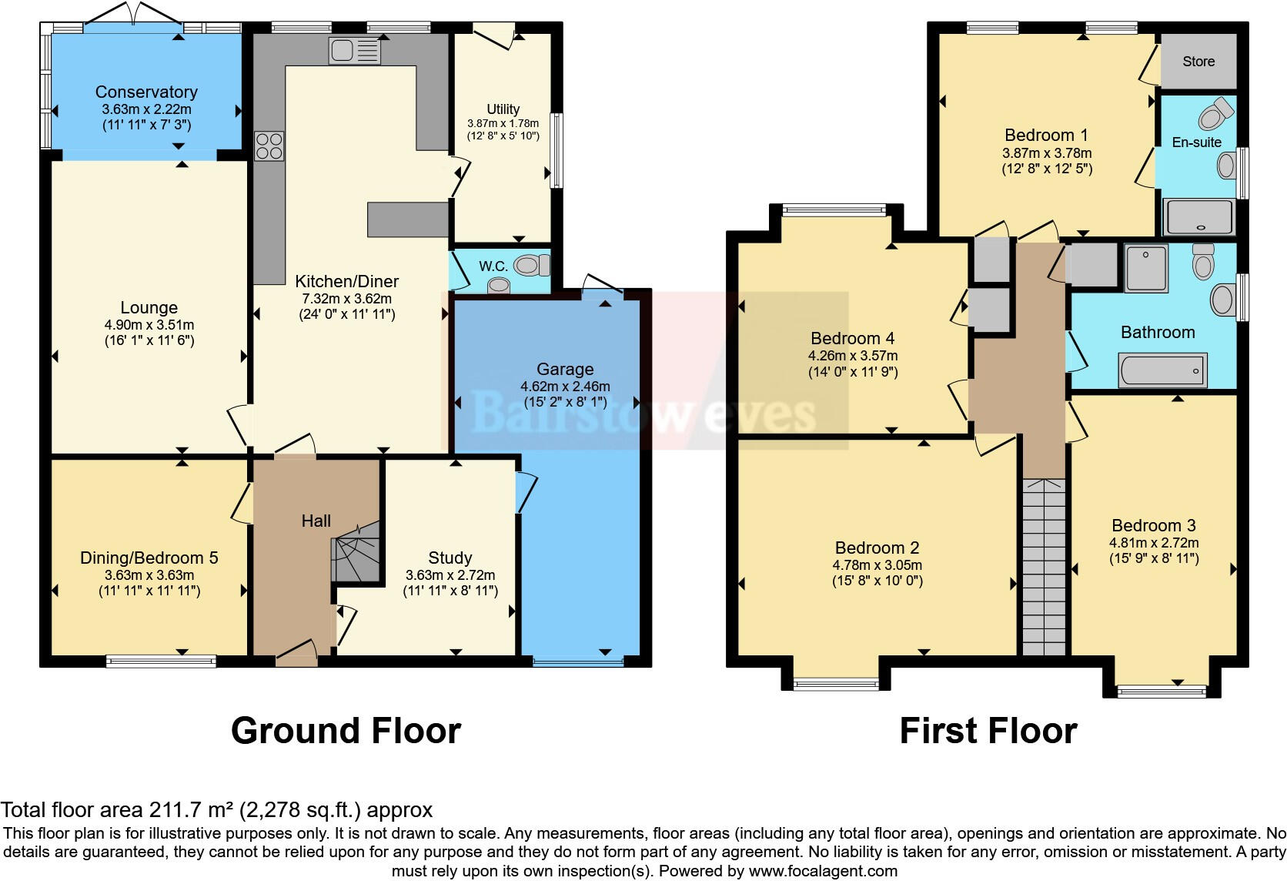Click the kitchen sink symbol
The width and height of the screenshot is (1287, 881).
354,51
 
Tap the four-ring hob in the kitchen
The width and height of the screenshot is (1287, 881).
269,146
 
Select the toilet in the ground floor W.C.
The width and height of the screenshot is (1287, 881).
531,266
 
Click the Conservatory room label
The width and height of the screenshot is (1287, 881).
146,92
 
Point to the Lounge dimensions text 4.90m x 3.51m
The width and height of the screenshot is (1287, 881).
149,324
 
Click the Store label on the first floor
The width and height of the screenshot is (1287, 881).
1198,62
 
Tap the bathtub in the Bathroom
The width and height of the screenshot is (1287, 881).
1162,370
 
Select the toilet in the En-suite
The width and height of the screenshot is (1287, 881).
1214,115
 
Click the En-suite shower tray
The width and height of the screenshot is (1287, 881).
1199,216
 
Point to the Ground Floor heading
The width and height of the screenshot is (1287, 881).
346,730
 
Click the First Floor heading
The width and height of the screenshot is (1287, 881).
988,730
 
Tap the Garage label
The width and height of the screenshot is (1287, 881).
565,369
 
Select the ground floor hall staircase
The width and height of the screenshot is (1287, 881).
356,551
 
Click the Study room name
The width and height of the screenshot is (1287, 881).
450,558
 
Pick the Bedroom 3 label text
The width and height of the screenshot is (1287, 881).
1153,525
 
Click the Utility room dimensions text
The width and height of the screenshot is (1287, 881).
503,123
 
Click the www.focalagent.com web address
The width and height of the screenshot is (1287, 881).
822,871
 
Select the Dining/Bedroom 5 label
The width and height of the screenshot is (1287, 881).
149,558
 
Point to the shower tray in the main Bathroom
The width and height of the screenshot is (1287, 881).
1145,268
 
